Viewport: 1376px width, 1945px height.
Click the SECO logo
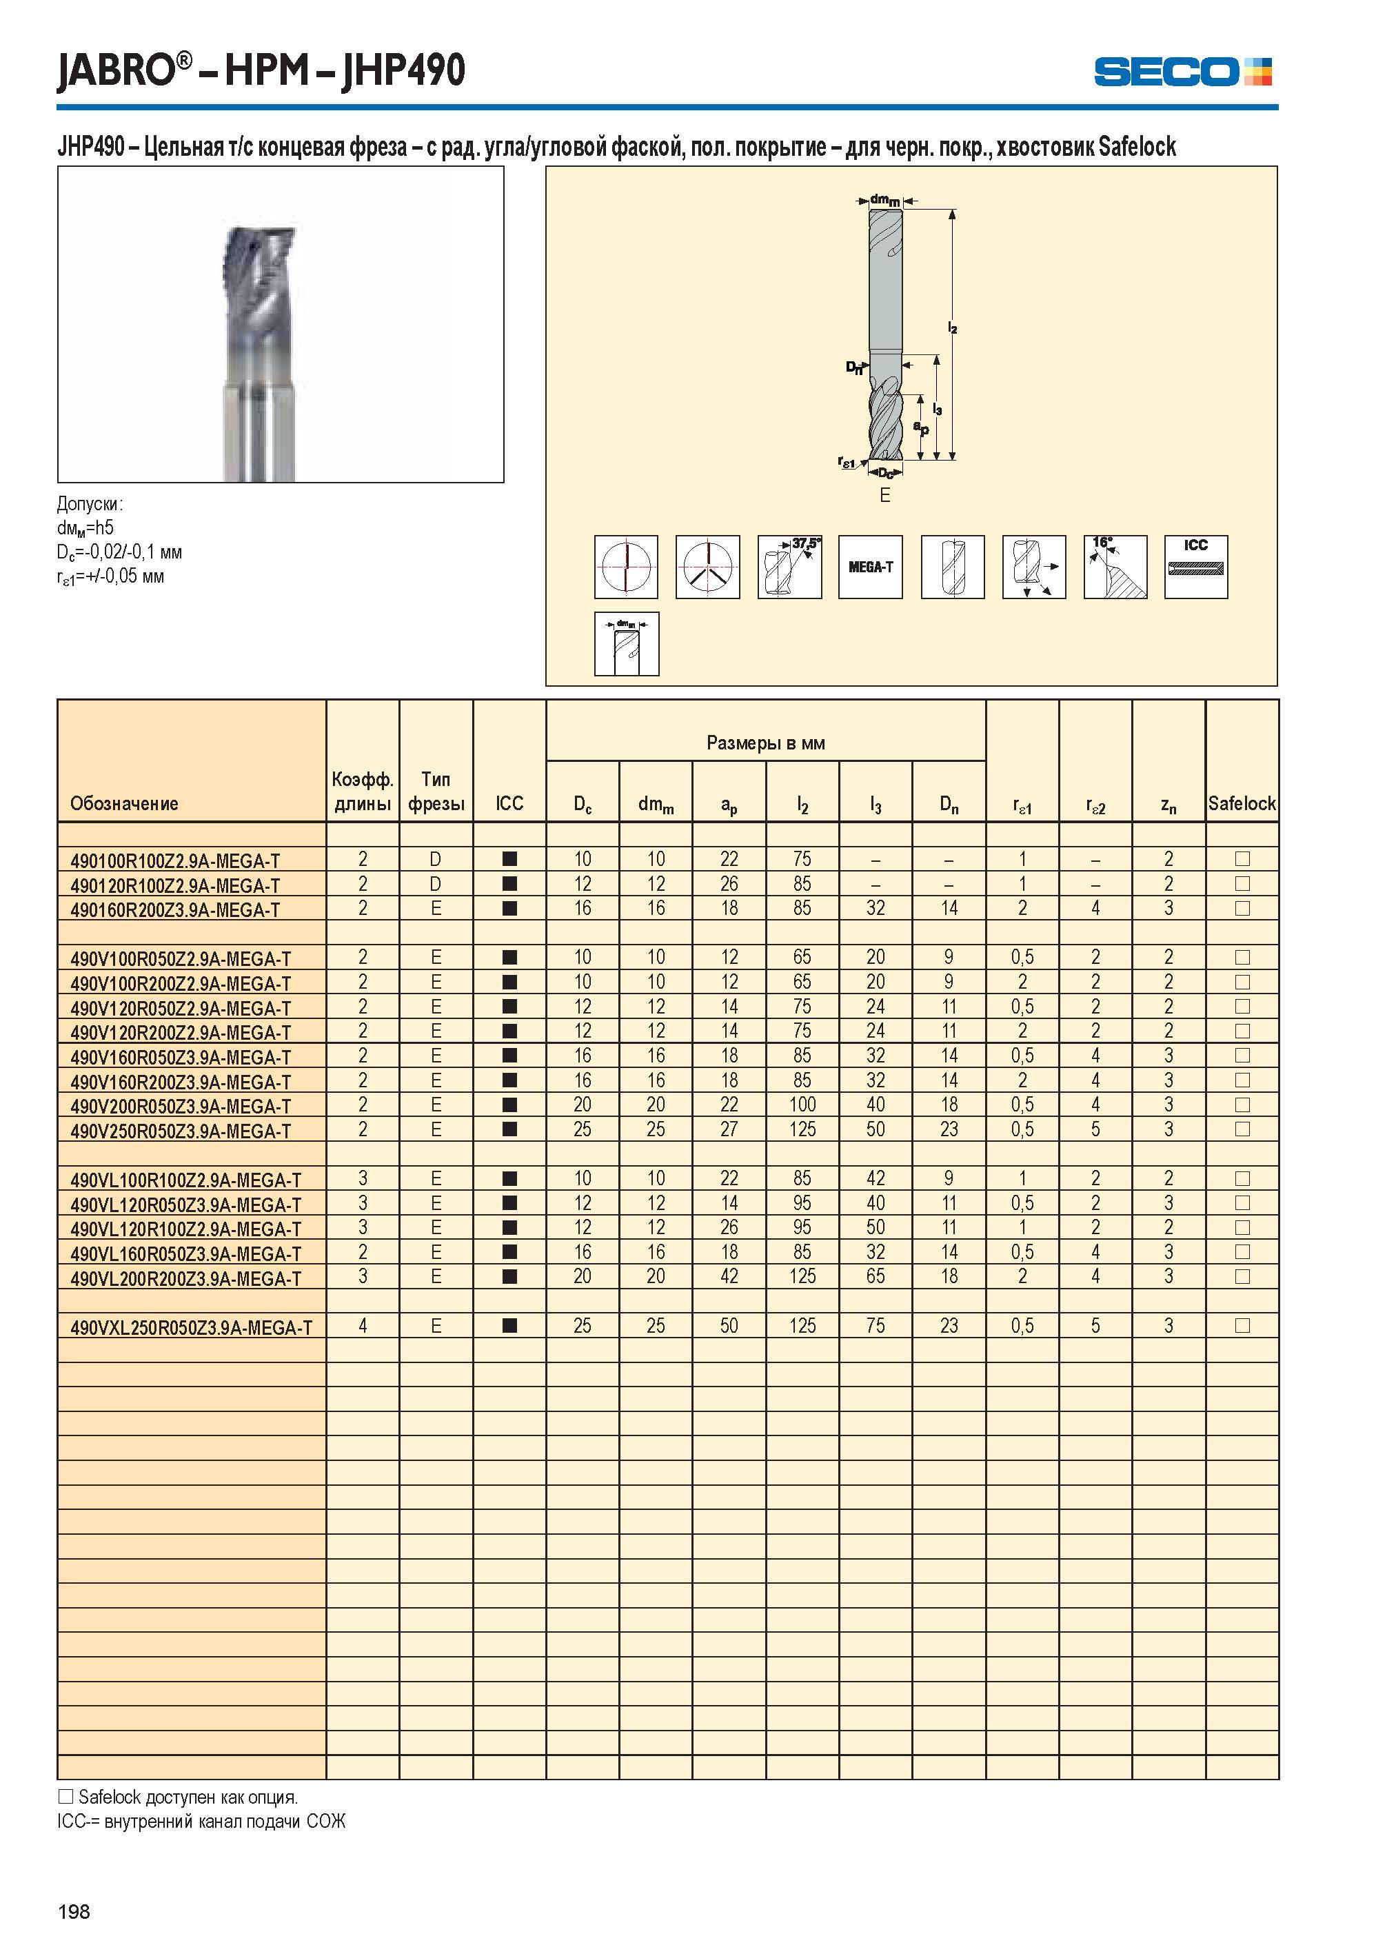[x=1183, y=71]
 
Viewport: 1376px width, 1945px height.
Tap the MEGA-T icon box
[x=870, y=567]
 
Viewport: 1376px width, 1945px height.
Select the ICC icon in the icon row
[x=1195, y=567]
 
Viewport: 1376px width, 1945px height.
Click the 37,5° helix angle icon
[x=789, y=567]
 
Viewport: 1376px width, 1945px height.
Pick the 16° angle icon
[x=1115, y=567]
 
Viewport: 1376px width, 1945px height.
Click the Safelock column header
[x=1242, y=803]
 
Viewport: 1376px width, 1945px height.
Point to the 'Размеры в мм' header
[x=766, y=743]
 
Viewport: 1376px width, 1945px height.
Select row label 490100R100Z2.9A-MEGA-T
[x=175, y=861]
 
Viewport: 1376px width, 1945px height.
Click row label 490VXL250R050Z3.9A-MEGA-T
[x=192, y=1328]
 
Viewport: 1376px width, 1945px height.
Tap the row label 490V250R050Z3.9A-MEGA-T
[x=181, y=1131]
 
